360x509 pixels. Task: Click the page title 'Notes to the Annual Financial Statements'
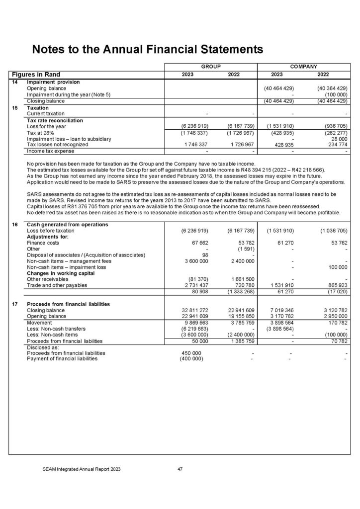pyautogui.click(x=147, y=49)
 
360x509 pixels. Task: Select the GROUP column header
pyautogui.click(x=210, y=66)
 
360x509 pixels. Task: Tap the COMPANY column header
pyautogui.click(x=304, y=66)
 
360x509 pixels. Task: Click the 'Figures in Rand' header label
pyautogui.click(x=36, y=75)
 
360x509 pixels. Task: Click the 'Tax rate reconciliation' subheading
pyautogui.click(x=55, y=120)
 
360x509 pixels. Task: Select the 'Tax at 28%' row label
pyautogui.click(x=41, y=133)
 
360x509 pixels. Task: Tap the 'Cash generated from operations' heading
pyautogui.click(x=67, y=225)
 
